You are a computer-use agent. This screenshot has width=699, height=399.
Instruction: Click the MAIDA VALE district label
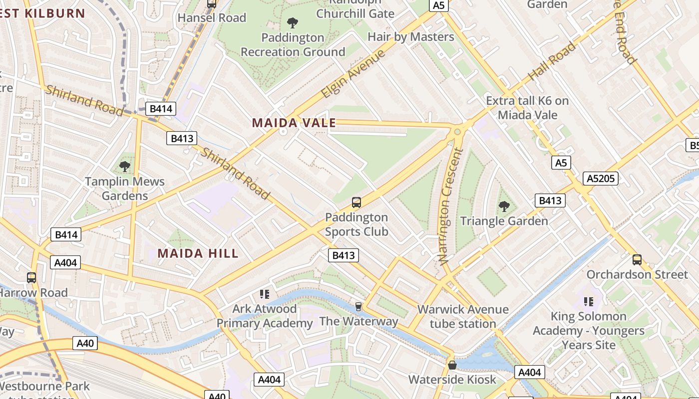(294, 123)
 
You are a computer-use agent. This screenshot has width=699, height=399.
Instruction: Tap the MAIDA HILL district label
(198, 253)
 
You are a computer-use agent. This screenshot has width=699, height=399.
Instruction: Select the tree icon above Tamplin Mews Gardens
(125, 166)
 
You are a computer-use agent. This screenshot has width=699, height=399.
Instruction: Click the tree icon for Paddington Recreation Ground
(293, 22)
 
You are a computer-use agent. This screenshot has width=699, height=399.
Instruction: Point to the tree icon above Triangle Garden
(504, 205)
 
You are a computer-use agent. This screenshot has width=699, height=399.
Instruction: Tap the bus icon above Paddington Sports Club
(356, 202)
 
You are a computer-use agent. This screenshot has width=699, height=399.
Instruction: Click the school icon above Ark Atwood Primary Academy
(265, 294)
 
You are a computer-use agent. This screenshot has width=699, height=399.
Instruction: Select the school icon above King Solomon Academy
(589, 301)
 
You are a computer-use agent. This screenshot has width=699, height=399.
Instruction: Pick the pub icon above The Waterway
(358, 306)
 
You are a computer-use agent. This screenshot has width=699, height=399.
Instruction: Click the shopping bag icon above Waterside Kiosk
(452, 365)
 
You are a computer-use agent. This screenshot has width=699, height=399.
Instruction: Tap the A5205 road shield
(601, 179)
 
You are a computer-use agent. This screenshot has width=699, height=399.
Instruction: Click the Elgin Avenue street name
(353, 74)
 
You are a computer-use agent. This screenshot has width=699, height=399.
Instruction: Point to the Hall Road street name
(552, 62)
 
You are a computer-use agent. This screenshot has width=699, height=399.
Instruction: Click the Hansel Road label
(212, 18)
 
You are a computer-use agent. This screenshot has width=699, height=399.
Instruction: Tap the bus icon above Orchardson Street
(637, 259)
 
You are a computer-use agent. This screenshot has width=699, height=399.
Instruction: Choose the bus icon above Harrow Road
(31, 278)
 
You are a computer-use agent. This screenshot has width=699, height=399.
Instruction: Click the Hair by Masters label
(410, 37)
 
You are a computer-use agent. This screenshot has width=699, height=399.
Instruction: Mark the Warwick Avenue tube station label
(463, 316)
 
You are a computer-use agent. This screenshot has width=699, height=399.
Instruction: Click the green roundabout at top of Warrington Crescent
(457, 132)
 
